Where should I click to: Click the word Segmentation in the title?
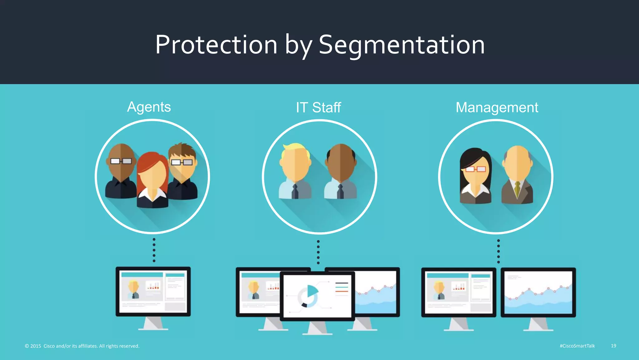[402, 45]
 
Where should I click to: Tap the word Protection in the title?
[216, 45]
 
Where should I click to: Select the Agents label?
[149, 107]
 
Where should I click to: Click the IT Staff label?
[318, 108]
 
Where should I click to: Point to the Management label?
[497, 108]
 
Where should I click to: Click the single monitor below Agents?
[153, 292]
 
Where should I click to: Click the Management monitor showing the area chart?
[538, 292]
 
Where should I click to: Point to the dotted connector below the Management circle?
[498, 251]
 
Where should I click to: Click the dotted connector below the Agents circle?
[154, 250]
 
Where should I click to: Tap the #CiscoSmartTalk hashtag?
[577, 346]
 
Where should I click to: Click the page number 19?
[613, 346]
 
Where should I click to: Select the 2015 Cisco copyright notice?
[82, 346]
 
